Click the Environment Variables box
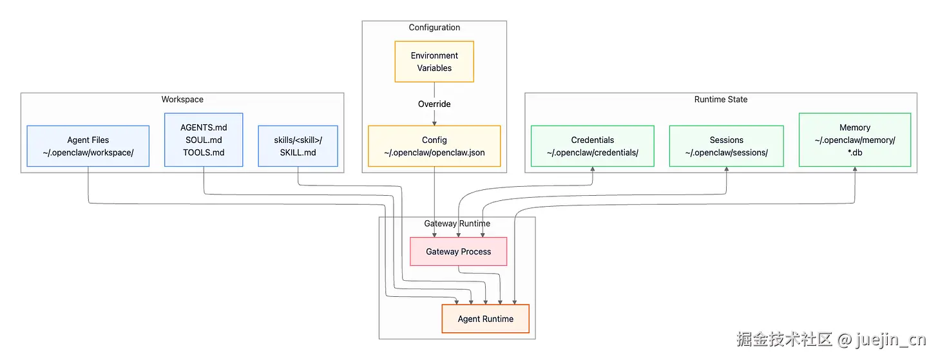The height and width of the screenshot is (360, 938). click(434, 62)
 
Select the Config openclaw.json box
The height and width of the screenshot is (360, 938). click(434, 146)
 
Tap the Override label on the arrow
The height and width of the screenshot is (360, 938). click(434, 104)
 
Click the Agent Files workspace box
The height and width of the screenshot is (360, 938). click(88, 146)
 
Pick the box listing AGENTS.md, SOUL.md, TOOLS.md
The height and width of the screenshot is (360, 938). click(204, 140)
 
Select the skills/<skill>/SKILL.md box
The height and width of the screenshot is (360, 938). click(298, 146)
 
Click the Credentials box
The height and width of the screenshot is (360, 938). click(592, 146)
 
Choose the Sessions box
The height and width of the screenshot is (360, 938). click(726, 146)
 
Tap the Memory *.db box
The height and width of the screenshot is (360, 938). click(855, 140)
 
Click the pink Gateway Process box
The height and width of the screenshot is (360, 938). click(458, 252)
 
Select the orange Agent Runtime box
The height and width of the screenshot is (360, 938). click(485, 319)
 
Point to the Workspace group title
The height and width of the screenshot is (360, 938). click(182, 99)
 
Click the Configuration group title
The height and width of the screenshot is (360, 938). click(434, 27)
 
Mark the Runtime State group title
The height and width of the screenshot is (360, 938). click(721, 99)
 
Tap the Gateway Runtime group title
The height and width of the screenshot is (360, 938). click(457, 223)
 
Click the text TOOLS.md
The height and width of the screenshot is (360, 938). click(204, 153)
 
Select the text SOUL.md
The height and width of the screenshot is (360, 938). click(204, 140)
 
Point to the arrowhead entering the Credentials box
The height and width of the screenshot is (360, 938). click(592, 170)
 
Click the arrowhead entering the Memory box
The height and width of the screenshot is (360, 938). click(855, 170)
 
